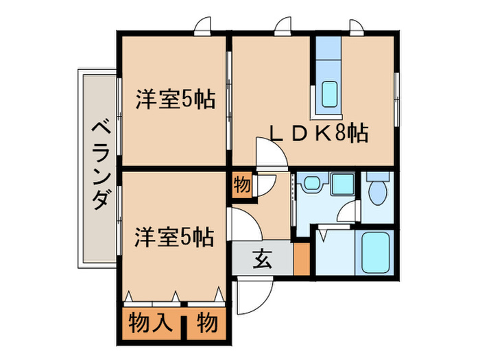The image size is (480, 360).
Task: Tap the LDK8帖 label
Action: pos(320,132)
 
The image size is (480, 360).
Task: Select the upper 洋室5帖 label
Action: pos(174,100)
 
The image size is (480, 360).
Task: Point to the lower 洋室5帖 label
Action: pos(174,237)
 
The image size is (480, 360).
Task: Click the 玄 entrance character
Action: pos(262,259)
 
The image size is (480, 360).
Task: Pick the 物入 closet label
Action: pos(152,322)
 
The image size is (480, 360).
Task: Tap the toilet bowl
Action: pos(378,191)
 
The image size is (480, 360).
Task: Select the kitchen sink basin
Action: pos(329,94)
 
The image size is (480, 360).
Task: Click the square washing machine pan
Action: pos(341,184)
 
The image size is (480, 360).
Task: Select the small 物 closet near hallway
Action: pos(241,186)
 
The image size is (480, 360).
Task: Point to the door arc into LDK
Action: pos(271,152)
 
